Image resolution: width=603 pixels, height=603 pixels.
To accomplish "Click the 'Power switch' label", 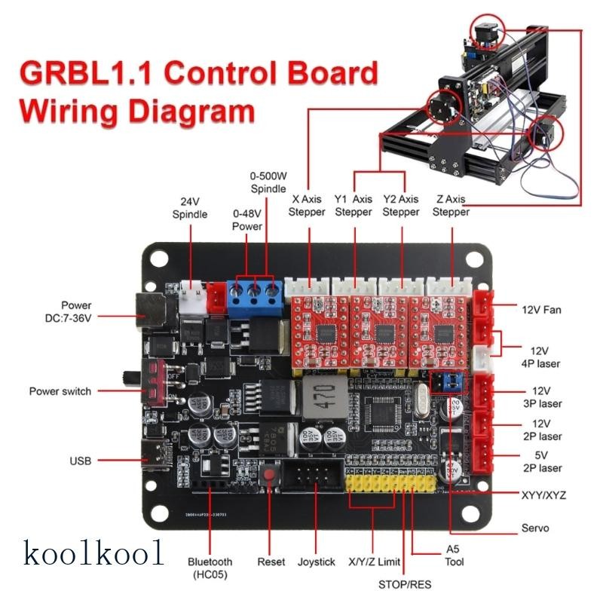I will [x=60, y=391].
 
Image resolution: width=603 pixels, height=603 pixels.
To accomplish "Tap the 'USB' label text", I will [x=80, y=460].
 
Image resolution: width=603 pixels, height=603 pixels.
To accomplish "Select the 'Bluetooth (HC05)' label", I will [x=211, y=568].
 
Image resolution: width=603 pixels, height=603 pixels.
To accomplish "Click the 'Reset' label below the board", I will [x=271, y=562].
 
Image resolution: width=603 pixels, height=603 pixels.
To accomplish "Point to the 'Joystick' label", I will [x=317, y=562].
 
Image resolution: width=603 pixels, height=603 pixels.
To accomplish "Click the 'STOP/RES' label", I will [x=405, y=583].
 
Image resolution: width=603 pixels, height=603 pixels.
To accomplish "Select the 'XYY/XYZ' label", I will [x=543, y=494].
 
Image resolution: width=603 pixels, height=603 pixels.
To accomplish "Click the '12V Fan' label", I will [x=541, y=309].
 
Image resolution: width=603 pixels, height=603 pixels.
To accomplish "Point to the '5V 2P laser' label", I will [x=541, y=462].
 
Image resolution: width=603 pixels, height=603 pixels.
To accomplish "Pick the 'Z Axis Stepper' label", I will [x=451, y=206].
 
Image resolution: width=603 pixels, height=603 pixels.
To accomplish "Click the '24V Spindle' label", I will [x=189, y=209].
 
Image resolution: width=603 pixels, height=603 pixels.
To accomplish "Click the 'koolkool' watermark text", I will [x=94, y=553].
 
